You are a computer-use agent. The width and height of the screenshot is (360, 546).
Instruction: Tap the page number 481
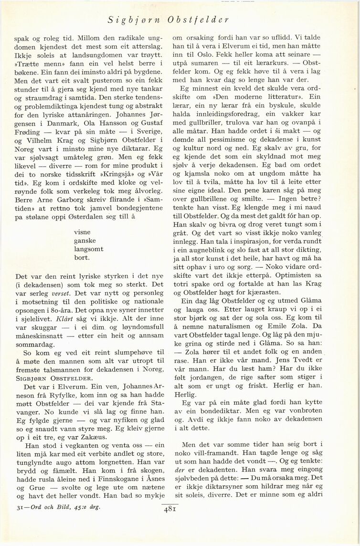pyautogui.click(x=170, y=509)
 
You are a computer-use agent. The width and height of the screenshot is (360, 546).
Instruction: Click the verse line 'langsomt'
pyautogui.click(x=89, y=249)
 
